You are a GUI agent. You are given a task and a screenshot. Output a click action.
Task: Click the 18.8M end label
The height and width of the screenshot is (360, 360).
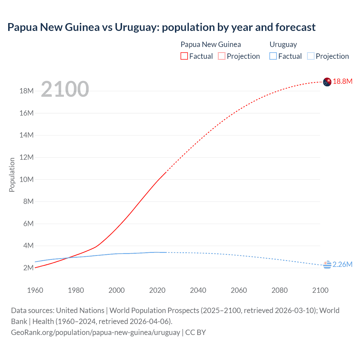pos(342,82)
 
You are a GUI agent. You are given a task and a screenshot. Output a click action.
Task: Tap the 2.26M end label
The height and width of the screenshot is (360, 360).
pos(342,265)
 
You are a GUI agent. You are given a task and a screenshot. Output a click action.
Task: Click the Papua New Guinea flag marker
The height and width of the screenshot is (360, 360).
pos(327,82)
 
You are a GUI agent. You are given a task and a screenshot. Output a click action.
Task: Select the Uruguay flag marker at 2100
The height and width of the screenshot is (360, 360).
pos(327,265)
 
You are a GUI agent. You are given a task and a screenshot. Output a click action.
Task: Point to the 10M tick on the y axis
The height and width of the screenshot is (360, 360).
pos(26,179)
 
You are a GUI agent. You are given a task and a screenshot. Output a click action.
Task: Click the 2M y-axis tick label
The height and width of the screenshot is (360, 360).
pos(28,268)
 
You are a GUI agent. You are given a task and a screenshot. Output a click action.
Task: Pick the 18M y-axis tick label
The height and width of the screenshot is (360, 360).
pos(26,91)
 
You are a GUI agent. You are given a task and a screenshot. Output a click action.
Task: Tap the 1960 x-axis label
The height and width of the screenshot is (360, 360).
pos(35,290)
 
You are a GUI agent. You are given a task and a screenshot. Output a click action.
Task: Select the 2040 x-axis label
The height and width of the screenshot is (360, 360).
pos(198,290)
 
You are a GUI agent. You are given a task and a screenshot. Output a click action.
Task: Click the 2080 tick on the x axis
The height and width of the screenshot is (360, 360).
pos(280,290)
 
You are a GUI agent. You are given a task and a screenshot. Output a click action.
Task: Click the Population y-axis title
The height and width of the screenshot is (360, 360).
pos(12,175)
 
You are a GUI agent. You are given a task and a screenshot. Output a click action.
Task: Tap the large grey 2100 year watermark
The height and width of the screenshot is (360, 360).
pos(65,89)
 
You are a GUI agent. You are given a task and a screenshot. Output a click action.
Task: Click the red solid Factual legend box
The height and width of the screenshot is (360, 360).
pos(184,56)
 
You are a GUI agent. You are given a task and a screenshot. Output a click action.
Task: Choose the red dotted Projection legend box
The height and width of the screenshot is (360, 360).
pos(222,56)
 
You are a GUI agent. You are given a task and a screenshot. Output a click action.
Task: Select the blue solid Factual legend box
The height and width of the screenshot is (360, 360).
pos(273,56)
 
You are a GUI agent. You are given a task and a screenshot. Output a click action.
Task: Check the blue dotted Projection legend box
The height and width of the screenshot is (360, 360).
pos(310,56)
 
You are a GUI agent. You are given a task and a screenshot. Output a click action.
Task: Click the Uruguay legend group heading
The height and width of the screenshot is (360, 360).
pos(283,44)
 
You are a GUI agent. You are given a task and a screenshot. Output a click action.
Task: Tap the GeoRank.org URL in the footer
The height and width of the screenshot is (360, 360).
pos(95,332)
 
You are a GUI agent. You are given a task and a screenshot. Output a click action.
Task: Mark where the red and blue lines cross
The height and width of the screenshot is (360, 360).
pos(67,258)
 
